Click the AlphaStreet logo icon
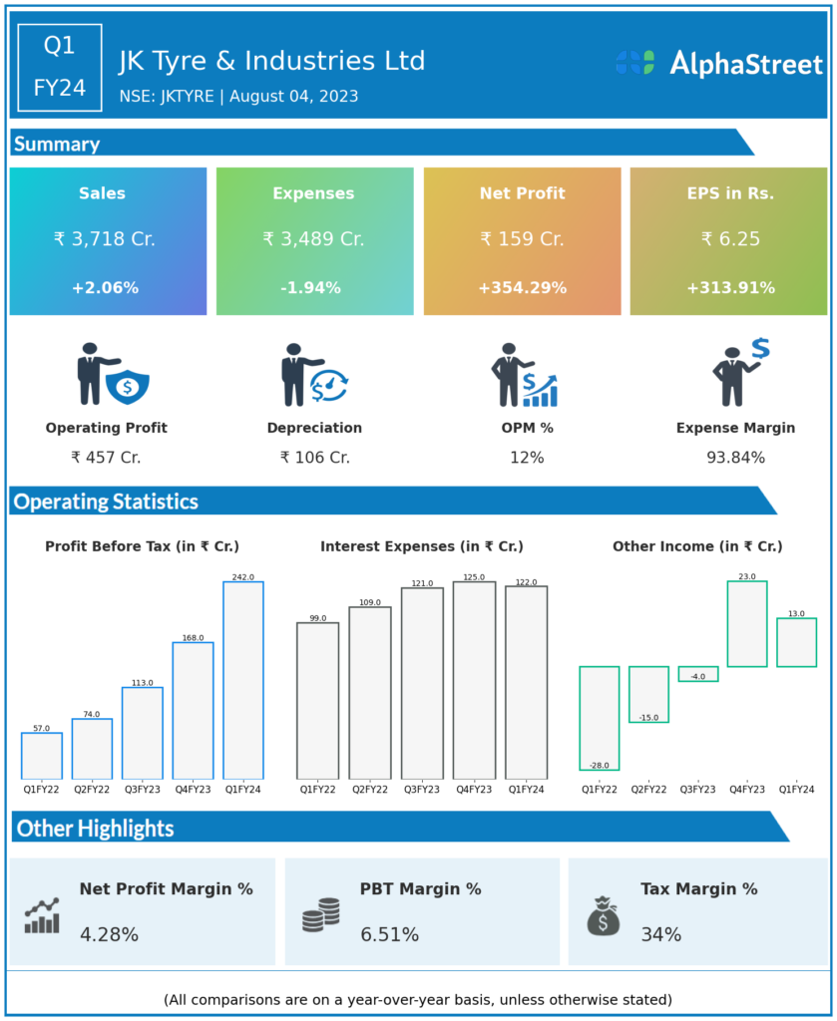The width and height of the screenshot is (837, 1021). point(634,63)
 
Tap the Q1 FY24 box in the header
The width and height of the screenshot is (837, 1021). point(60,67)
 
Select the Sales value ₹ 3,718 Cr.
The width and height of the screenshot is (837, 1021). point(105,239)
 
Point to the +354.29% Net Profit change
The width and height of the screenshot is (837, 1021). point(522,288)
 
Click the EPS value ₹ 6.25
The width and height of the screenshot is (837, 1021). point(730,239)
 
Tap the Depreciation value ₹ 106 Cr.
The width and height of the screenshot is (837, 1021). point(314,458)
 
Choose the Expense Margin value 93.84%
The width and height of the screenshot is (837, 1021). point(735,458)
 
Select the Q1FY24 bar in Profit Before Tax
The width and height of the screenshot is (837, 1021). point(243,680)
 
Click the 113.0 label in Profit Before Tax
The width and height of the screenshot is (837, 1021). point(143,683)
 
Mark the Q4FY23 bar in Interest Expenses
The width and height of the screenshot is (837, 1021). point(474,680)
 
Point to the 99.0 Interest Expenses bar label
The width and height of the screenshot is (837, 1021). point(317,618)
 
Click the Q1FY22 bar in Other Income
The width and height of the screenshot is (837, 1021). point(600,718)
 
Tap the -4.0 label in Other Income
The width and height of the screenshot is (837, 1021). point(697,677)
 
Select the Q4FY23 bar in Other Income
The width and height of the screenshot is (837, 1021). point(747,624)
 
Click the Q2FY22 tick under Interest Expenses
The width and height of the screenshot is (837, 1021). point(370,789)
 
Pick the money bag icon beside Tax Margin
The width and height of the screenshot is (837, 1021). point(603,915)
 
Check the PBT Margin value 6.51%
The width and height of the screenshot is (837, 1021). point(390,935)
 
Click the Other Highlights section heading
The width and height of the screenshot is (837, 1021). point(96,828)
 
